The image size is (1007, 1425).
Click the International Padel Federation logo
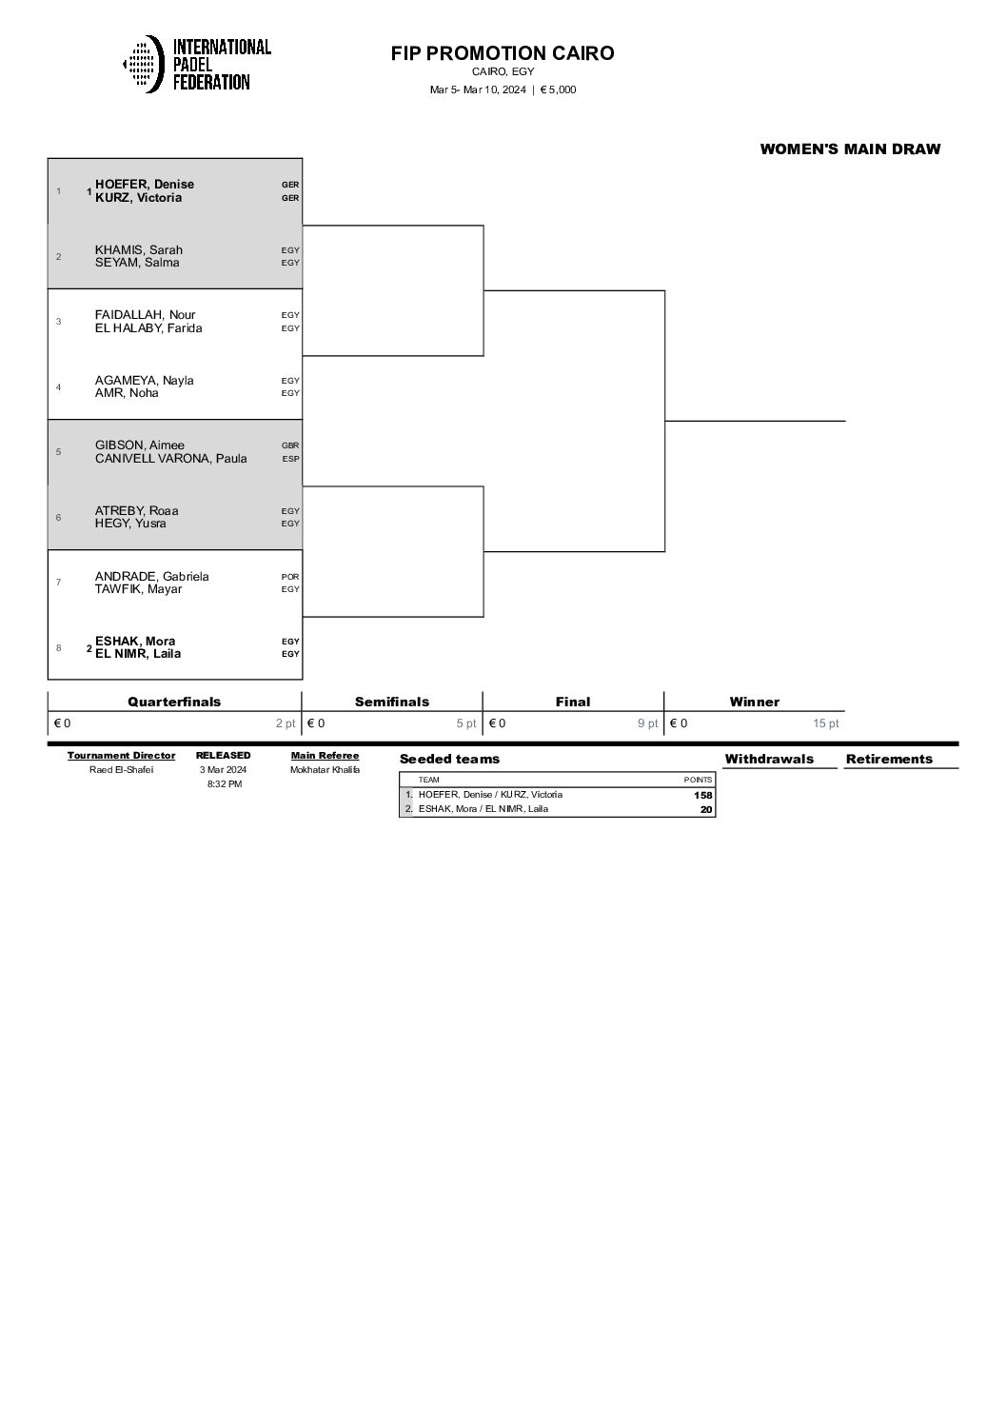click(x=197, y=64)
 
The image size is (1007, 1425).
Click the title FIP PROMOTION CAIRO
click(x=503, y=53)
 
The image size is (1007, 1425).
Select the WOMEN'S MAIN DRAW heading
click(x=850, y=148)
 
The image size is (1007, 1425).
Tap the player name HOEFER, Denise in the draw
click(x=144, y=185)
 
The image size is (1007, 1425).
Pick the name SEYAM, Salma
click(x=137, y=263)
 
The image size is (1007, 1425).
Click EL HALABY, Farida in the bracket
click(x=148, y=328)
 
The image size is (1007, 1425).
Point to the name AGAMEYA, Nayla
click(x=144, y=381)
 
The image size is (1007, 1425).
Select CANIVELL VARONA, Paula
click(x=170, y=459)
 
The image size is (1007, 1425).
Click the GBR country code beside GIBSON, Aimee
click(x=290, y=445)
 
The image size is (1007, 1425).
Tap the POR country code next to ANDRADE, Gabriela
click(x=290, y=577)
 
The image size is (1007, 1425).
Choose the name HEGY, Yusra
click(x=130, y=524)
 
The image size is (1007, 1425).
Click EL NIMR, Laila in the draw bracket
click(x=138, y=654)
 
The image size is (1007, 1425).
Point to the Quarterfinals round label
click(x=174, y=702)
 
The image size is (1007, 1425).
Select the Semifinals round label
click(x=392, y=702)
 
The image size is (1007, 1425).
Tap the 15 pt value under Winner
click(x=826, y=723)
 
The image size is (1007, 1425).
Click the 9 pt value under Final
click(x=647, y=723)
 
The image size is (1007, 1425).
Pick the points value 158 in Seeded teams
click(x=702, y=796)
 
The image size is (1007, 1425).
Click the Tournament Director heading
click(x=121, y=756)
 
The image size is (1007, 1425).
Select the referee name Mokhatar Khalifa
click(x=325, y=770)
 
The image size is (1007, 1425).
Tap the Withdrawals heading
click(x=769, y=759)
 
